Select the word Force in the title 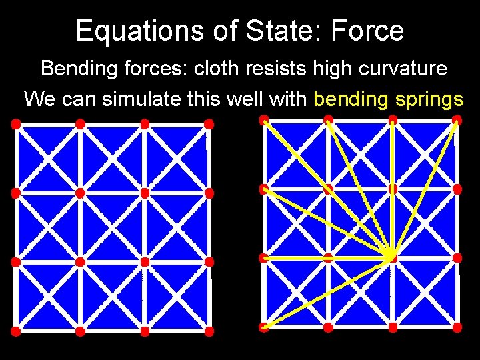371,31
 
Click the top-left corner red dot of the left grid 16,124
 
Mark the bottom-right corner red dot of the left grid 209,331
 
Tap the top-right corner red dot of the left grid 209,124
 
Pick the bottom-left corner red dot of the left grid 16,331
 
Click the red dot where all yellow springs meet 392,257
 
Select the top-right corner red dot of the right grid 457,120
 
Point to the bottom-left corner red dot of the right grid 264,327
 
